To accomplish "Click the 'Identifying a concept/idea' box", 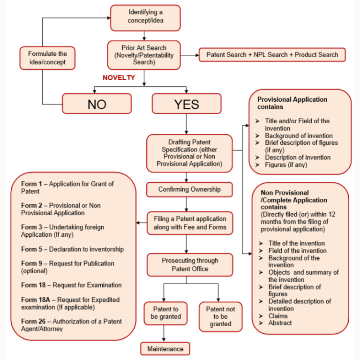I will coord(145,17).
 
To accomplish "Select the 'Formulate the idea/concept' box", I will coord(47,58).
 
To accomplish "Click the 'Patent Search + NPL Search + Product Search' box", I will coord(272,54).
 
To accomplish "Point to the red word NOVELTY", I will coord(119,77).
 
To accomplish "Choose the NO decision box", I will coord(97,104).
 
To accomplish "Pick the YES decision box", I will coord(186,104).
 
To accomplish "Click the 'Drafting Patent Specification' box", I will coord(189,153).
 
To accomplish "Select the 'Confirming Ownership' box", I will coord(189,189).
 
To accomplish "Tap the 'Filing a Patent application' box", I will coord(189,223).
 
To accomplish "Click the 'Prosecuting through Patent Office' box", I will coord(189,265).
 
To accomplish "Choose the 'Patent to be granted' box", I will coord(165,313).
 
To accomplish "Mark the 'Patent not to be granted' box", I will coord(220,316).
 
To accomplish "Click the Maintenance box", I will coord(165,349).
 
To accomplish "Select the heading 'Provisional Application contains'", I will coord(292,103).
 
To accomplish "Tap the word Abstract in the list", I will coord(280,323).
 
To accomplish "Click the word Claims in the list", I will coord(278,316).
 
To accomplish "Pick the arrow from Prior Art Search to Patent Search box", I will coord(189,55).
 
